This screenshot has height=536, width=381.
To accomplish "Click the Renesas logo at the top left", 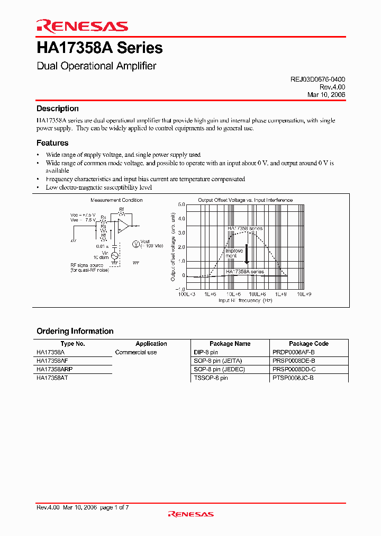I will (81, 26).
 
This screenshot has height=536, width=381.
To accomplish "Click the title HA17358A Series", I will (99, 48).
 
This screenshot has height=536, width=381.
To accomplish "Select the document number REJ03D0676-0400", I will (317, 79).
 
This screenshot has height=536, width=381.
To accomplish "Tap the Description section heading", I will (57, 109).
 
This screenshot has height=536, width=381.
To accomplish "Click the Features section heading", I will (52, 143).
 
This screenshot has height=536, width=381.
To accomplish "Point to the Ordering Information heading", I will (75, 331).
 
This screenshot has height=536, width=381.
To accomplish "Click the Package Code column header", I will (309, 344).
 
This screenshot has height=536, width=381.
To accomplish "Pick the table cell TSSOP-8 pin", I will (211, 378).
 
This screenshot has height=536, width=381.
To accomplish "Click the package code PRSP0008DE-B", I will (294, 361).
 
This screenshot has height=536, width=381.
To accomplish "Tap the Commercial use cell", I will (136, 352).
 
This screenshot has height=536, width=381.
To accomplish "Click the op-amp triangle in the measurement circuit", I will (123, 226).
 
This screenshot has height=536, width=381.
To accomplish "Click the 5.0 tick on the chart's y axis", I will (181, 204).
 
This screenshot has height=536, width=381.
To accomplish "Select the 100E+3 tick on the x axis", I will (186, 294).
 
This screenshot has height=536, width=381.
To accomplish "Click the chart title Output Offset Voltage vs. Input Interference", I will (245, 200).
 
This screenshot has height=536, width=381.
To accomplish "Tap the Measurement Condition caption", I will (116, 200).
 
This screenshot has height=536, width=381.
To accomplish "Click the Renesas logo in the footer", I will (190, 514).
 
